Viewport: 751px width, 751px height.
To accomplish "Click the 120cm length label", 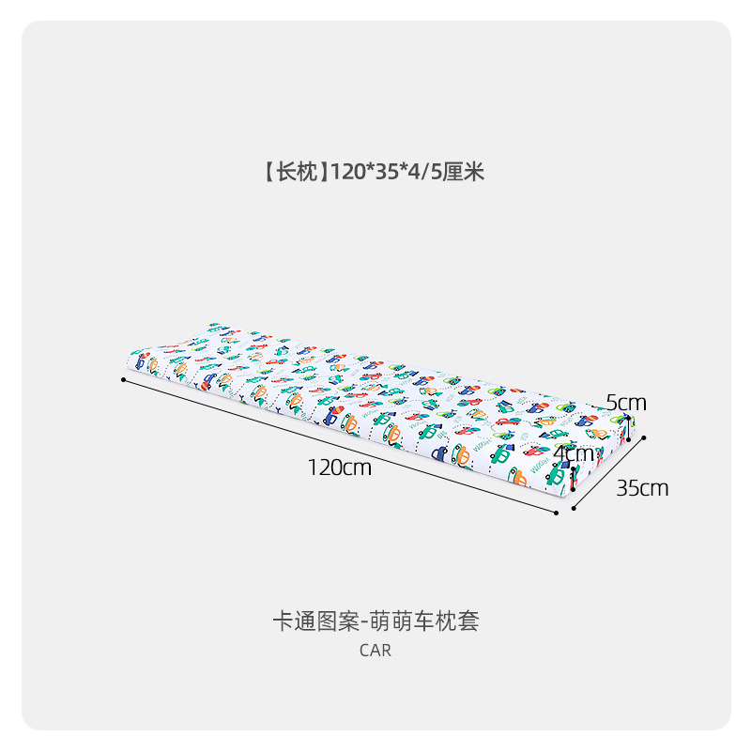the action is (340, 467).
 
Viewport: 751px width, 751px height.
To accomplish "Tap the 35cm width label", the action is (642, 488).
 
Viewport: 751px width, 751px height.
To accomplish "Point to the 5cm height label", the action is (626, 403).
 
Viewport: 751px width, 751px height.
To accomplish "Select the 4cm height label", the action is (574, 453).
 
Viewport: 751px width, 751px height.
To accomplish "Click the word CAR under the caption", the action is (375, 651).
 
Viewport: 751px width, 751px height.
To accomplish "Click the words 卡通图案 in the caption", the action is (307, 621).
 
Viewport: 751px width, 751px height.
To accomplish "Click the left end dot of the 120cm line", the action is (123, 379).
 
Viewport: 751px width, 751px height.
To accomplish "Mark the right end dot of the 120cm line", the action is (557, 513).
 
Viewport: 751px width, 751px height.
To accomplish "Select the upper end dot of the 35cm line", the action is (645, 436).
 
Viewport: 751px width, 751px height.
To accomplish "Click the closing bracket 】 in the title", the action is (322, 172).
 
